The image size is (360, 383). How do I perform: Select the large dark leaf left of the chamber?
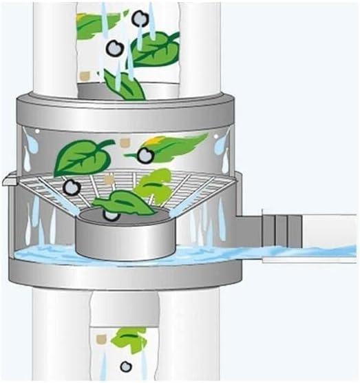coord(81,158)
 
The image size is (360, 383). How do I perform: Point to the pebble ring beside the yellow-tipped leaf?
coord(145,156)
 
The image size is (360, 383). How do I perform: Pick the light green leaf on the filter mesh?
coord(155,186)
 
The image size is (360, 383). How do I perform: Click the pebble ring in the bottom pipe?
coord(125,366)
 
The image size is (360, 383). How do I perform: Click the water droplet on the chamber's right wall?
coord(219,146)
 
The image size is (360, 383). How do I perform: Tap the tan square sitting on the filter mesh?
coord(109,180)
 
